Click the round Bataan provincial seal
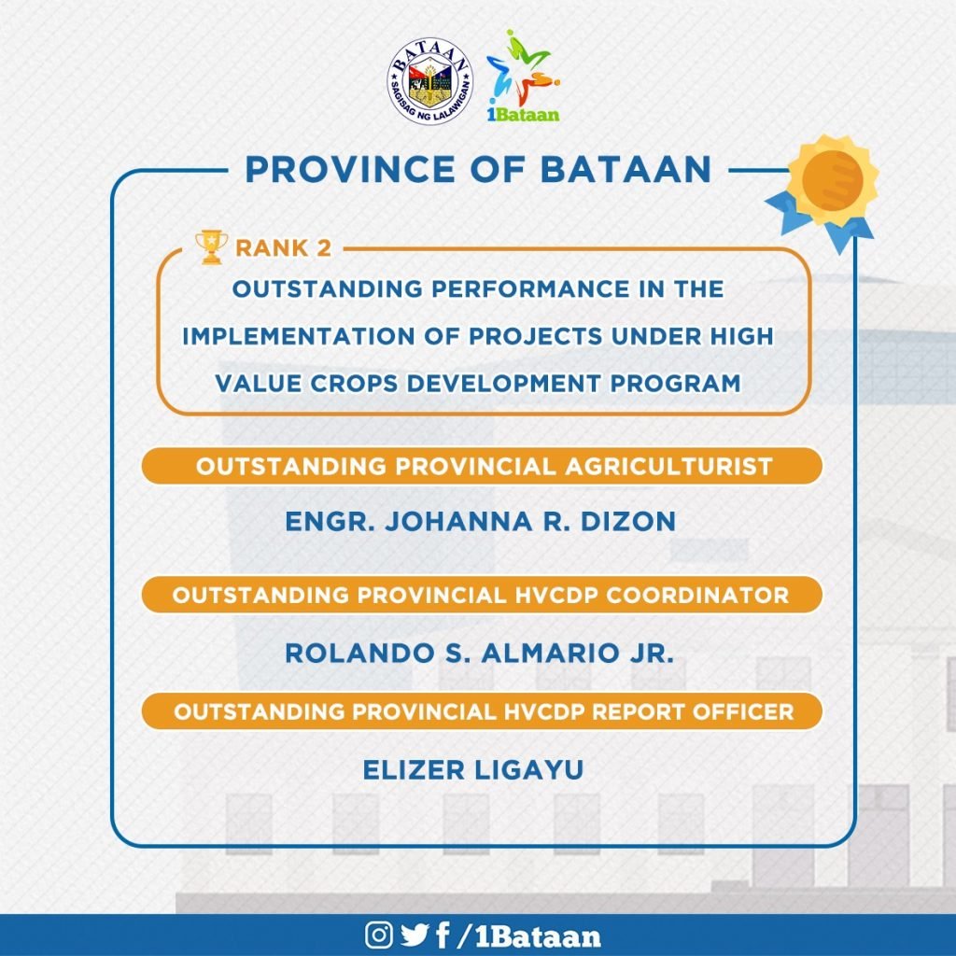coord(431,81)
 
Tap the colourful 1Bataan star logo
coord(523,76)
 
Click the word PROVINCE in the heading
coord(350,169)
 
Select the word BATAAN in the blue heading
coord(626,169)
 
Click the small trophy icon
coord(211,246)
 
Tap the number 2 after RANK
coord(324,248)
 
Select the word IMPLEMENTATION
coord(299,336)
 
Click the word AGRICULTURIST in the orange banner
coord(668,467)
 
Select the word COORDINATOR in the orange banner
coord(697,595)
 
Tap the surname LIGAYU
coord(528,769)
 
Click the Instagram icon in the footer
coord(379,935)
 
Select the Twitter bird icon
coord(415,935)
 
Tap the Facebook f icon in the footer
coord(443,935)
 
